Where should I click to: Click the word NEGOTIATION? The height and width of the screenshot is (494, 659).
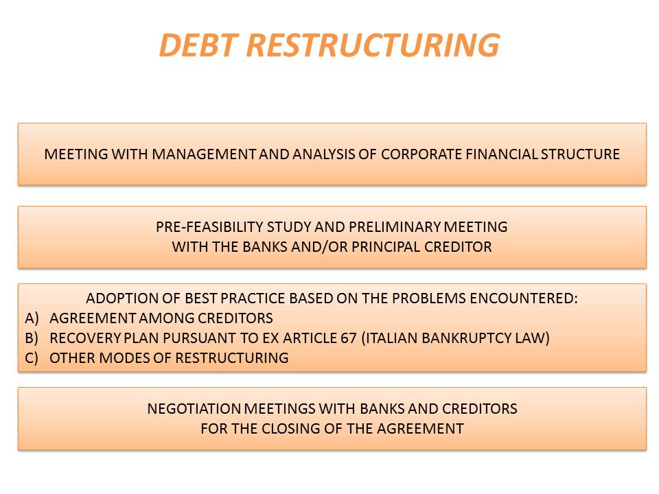coord(194,409)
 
